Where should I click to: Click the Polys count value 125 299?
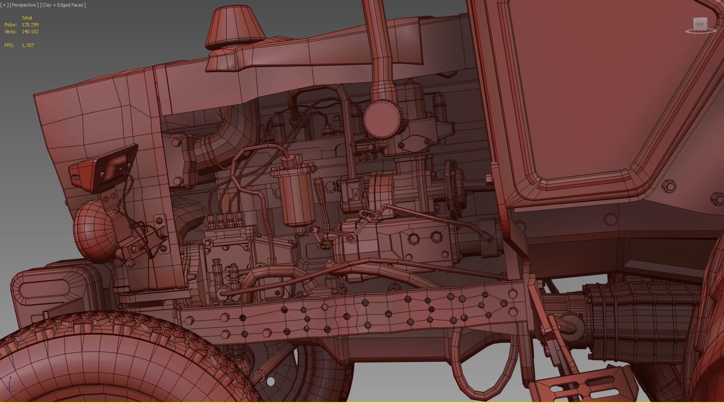30,25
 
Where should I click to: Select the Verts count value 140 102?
30,32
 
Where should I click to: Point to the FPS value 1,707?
28,45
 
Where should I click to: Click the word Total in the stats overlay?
27,18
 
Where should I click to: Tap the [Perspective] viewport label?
24,5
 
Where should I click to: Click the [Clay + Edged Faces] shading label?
63,5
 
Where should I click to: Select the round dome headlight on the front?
94,231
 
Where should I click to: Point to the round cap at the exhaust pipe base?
383,119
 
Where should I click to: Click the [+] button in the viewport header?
5,5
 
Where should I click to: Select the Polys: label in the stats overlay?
11,25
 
